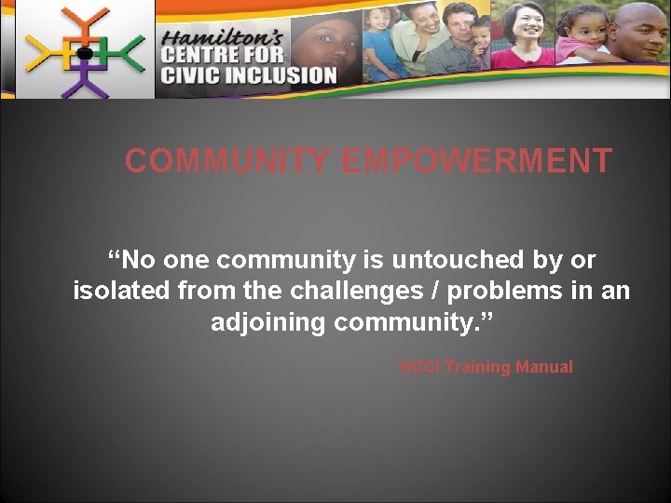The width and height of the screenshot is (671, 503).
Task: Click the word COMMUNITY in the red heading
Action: pyautogui.click(x=227, y=161)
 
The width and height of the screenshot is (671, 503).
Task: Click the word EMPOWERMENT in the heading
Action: pyautogui.click(x=476, y=161)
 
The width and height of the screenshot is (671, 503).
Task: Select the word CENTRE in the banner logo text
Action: pyautogui.click(x=199, y=56)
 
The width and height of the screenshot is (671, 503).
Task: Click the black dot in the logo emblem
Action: pyautogui.click(x=84, y=53)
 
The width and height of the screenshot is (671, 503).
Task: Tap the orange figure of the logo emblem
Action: pyautogui.click(x=85, y=23)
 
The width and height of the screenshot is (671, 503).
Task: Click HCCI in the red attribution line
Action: pyautogui.click(x=418, y=367)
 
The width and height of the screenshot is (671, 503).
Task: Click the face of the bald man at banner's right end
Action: pyautogui.click(x=639, y=28)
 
